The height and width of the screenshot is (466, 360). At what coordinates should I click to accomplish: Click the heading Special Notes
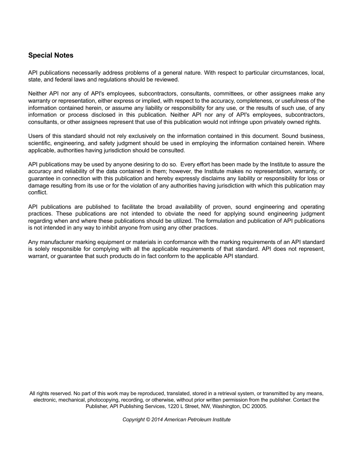51,55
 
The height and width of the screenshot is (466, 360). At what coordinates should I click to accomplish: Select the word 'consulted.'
172,150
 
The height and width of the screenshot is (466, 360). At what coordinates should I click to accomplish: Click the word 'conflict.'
38,192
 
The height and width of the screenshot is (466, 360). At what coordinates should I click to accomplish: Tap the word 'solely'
41,249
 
